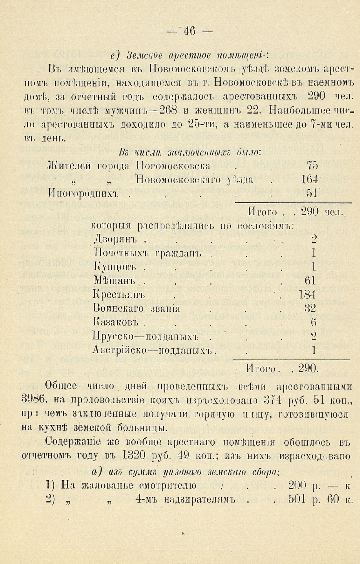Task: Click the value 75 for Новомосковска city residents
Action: tap(312, 166)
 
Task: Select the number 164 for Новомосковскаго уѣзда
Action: tap(309, 180)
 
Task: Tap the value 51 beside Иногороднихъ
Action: tap(312, 193)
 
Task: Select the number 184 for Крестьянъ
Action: tap(307, 295)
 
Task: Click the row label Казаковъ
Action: tap(116, 323)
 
